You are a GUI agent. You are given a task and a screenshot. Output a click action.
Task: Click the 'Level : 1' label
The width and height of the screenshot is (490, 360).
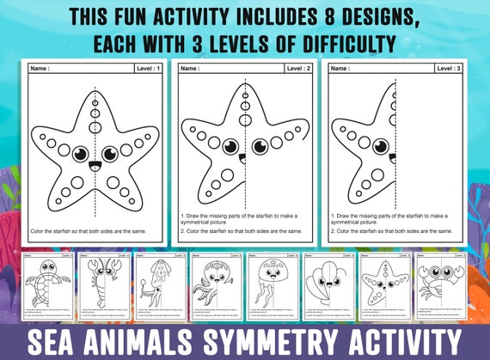(x=150, y=67)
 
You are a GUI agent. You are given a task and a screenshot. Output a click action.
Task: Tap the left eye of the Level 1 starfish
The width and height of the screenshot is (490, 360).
(x=81, y=154)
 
